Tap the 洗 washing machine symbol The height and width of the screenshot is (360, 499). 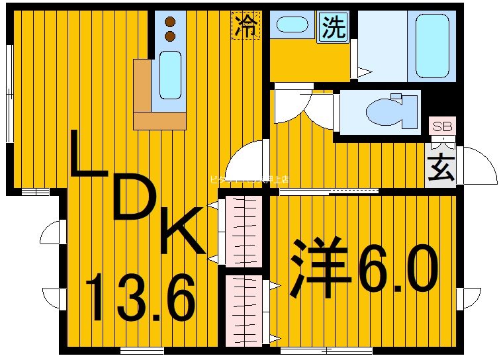(334, 28)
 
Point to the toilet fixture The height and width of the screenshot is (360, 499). (390, 111)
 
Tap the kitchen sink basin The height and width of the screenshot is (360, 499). (170, 75)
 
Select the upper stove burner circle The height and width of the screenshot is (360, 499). (171, 21)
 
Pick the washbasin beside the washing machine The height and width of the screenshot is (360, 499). (291, 26)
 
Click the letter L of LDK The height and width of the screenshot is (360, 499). (89, 155)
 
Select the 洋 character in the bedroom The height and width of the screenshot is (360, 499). (319, 268)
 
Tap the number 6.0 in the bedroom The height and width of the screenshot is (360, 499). (397, 268)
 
